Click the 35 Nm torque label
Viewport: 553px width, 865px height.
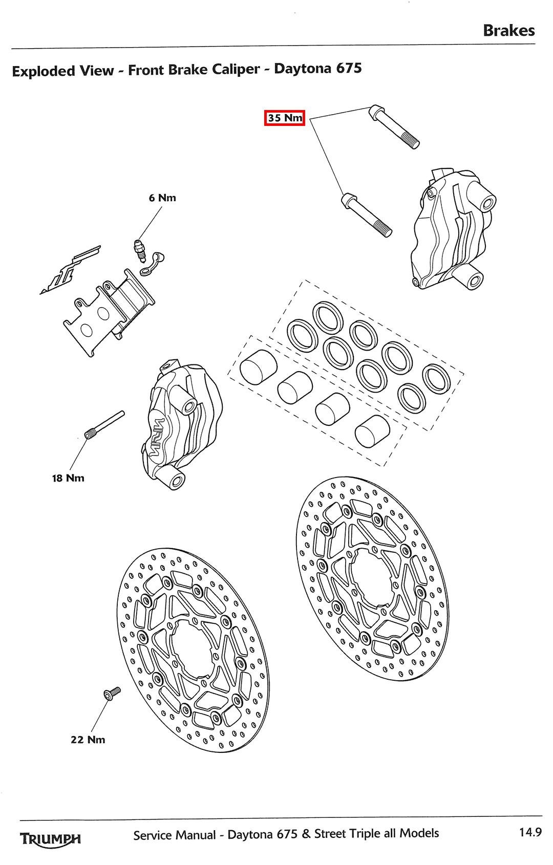click(x=285, y=118)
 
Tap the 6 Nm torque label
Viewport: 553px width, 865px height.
click(x=162, y=198)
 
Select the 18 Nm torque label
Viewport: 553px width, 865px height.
click(x=68, y=478)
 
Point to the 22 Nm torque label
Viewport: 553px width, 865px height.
click(x=88, y=740)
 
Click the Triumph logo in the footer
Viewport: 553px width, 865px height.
click(x=50, y=839)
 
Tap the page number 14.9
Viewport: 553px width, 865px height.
click(x=530, y=832)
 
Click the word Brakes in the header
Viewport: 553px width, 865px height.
click(x=508, y=31)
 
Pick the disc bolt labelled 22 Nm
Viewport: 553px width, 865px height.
click(x=112, y=694)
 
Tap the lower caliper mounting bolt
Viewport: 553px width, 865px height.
click(x=366, y=215)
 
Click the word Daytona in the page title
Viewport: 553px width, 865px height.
click(x=302, y=69)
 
